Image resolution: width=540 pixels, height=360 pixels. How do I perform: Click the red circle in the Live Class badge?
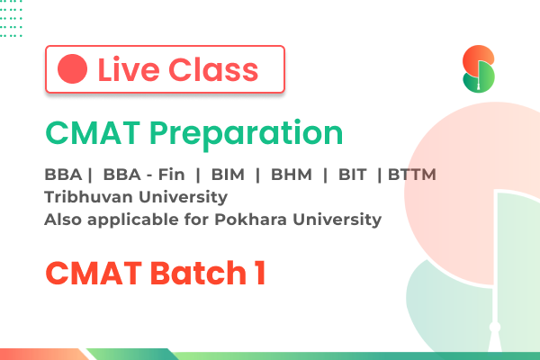pos(72,69)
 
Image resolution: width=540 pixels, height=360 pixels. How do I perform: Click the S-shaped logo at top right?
pos(478,70)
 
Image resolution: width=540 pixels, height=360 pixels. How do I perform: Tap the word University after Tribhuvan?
pos(176,196)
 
